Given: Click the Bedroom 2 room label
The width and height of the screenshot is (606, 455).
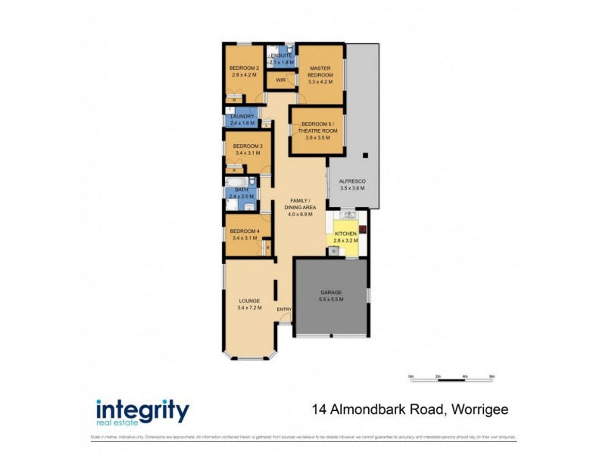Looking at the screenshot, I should [245, 67].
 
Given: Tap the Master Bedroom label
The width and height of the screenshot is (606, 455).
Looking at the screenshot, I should [320, 72].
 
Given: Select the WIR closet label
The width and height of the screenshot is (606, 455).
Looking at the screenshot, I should [280, 80].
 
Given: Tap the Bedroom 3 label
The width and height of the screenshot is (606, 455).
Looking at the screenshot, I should [248, 146].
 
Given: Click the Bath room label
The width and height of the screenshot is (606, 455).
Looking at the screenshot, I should [241, 190].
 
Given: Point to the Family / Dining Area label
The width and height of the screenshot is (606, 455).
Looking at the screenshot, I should [301, 205].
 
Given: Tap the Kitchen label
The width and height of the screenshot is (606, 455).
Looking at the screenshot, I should [345, 234].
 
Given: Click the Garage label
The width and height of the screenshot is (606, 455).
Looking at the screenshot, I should [331, 292].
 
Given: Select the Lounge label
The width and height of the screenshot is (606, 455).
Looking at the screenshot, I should [248, 300].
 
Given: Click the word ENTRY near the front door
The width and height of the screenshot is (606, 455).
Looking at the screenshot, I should [284, 309].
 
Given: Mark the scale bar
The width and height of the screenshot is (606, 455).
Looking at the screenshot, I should [451, 377].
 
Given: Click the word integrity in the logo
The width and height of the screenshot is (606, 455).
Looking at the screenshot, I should [142, 410].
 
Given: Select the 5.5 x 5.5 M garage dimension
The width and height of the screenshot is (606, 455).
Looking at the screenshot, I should [331, 300].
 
